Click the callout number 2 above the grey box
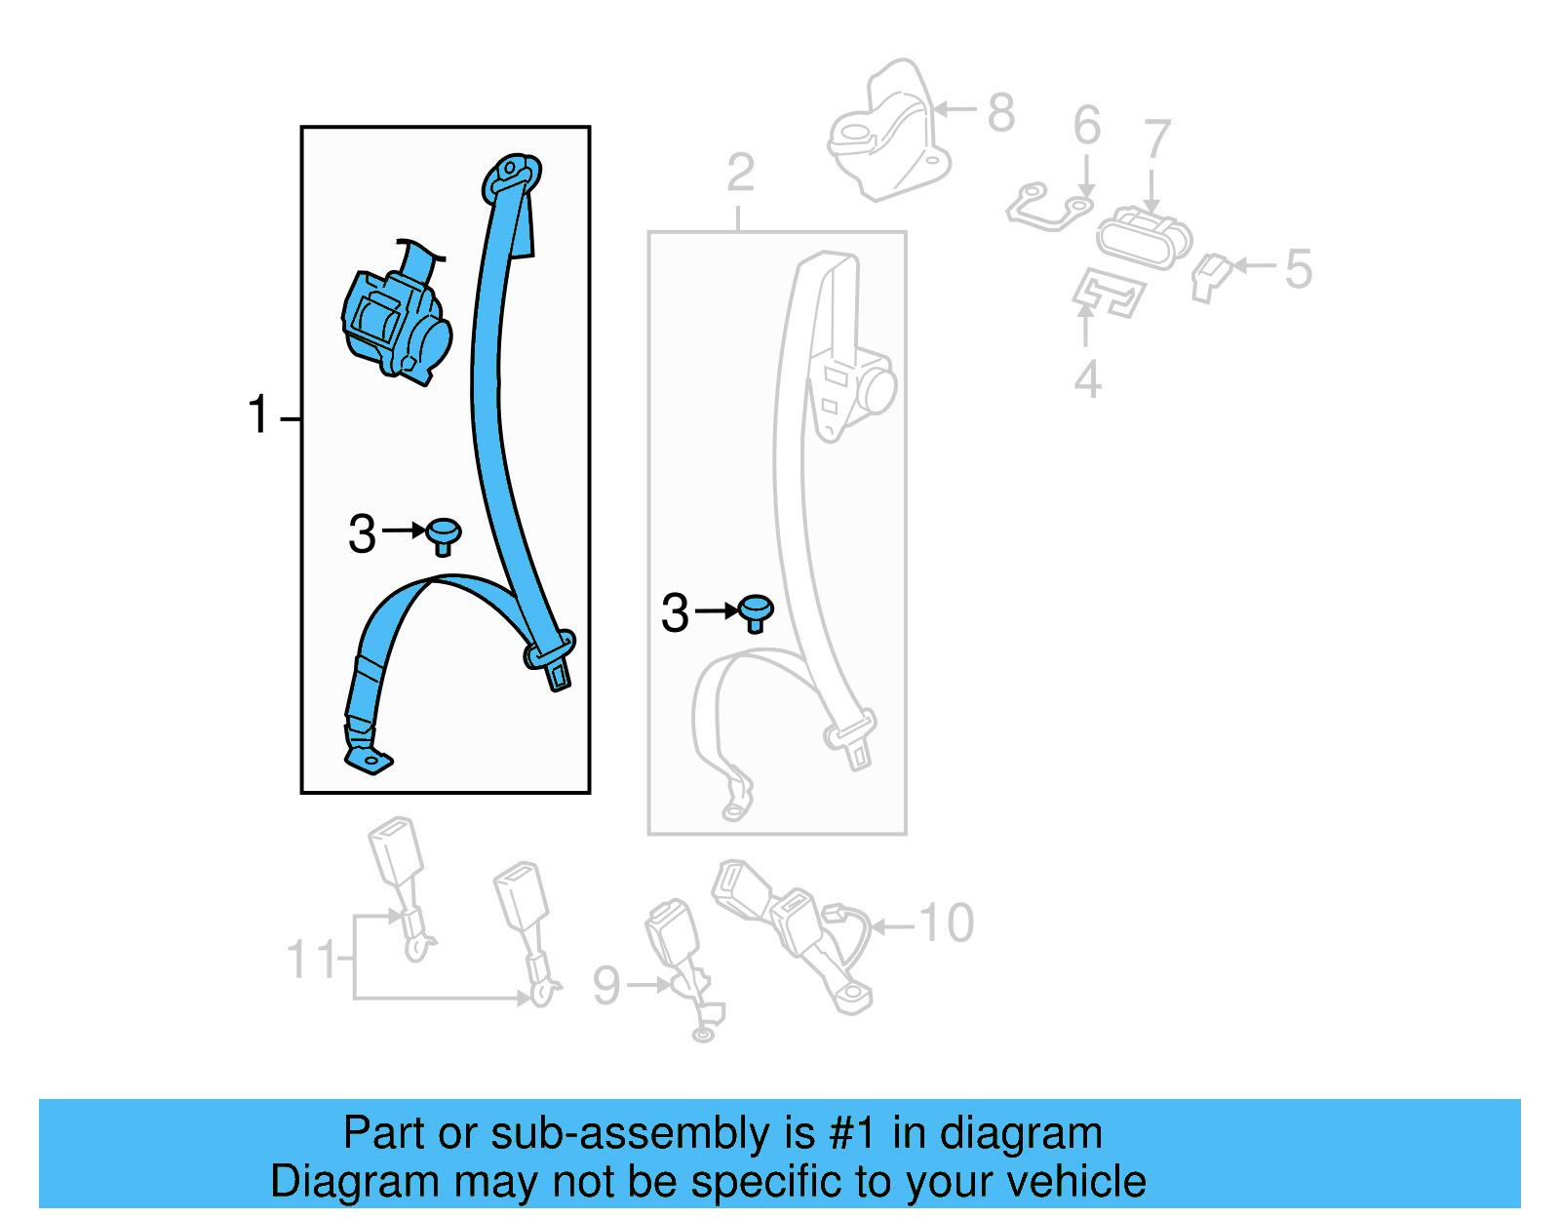(740, 174)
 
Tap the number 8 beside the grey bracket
(1001, 112)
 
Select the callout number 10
(946, 923)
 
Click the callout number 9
(606, 985)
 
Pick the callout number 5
(1298, 268)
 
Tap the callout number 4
(1087, 380)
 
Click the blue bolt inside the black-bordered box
(444, 534)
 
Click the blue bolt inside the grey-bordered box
(756, 612)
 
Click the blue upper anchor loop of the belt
(513, 176)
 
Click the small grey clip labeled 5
(1210, 277)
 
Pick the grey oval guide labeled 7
(1143, 237)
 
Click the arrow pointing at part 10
(893, 925)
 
